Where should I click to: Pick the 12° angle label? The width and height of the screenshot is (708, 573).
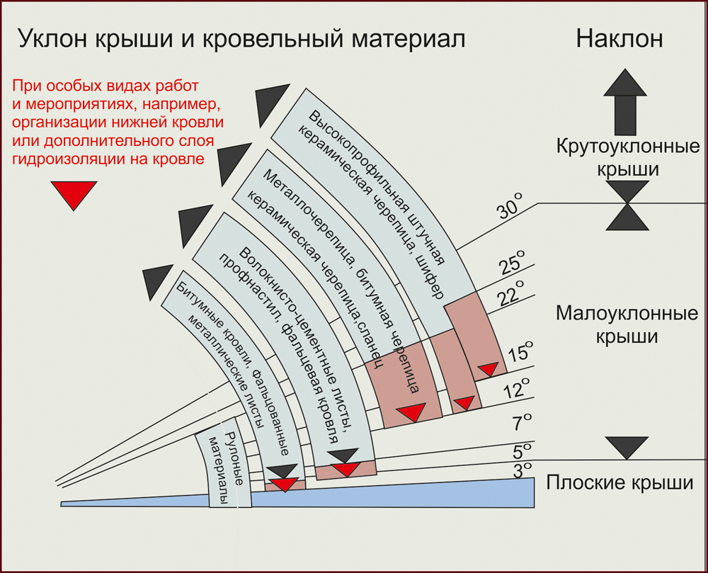[x=518, y=389]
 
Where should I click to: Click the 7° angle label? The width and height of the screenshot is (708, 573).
[x=522, y=424]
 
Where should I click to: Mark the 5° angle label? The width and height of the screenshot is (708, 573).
[x=523, y=451]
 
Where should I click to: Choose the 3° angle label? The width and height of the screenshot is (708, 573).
[x=523, y=469]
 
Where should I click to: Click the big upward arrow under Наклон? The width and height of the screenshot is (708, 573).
[x=625, y=102]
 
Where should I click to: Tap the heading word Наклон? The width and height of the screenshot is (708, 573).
[x=619, y=38]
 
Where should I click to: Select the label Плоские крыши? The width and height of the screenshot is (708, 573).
[x=619, y=484]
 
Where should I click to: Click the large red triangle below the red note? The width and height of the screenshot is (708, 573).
[x=74, y=195]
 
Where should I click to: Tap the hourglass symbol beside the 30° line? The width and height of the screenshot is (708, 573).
[x=627, y=205]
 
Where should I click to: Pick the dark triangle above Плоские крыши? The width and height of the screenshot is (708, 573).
[x=627, y=447]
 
